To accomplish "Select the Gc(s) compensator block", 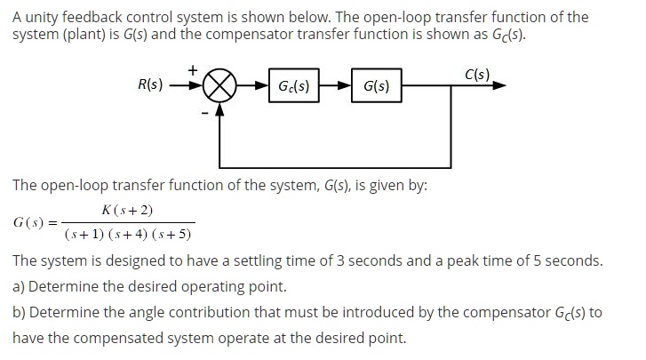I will (293, 86).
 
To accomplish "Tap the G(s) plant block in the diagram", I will (375, 87).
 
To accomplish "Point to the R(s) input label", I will (150, 85).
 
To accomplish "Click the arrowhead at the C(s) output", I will (500, 87).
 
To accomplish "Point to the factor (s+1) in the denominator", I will (82, 236).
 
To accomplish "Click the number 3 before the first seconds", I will (370, 261).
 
